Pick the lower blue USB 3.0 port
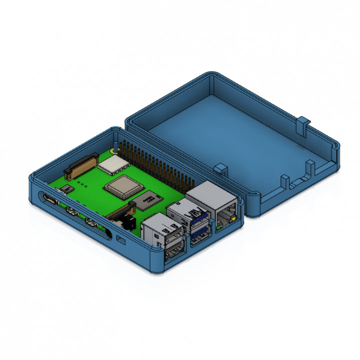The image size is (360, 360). pyautogui.click(x=198, y=233)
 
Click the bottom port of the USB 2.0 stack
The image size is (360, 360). pyautogui.click(x=174, y=252)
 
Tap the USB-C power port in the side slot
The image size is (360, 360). pyautogui.click(x=50, y=200)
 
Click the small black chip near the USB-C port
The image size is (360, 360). pyautogui.click(x=65, y=189)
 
